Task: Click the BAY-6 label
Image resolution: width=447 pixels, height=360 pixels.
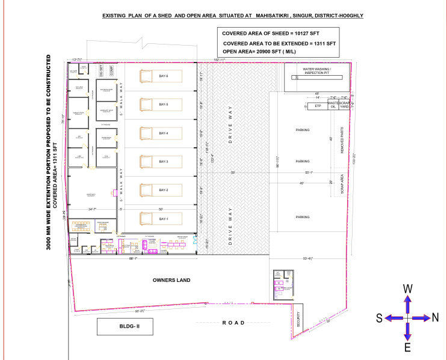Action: pyautogui.click(x=164, y=76)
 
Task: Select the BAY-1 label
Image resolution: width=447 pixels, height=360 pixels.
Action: pyautogui.click(x=164, y=219)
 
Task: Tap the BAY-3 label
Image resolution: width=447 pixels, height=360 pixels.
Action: pyautogui.click(x=164, y=162)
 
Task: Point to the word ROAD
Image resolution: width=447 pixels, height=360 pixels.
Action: pyautogui.click(x=234, y=323)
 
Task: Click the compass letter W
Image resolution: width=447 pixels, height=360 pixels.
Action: pyautogui.click(x=407, y=289)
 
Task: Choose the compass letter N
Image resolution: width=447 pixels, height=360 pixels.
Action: pyautogui.click(x=436, y=318)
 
